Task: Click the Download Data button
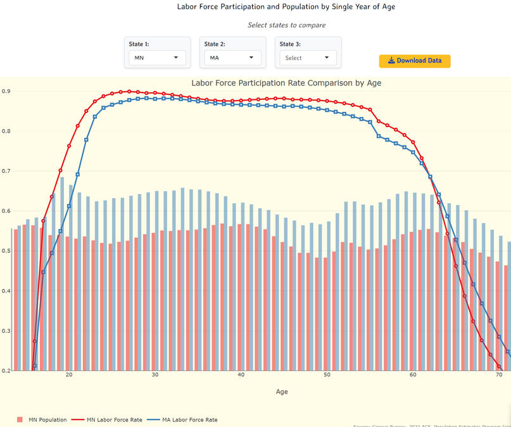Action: pos(415,61)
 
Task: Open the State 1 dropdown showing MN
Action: pos(157,58)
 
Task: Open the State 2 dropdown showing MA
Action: pos(232,58)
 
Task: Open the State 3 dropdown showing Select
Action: pos(308,58)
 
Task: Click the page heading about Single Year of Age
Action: pos(286,7)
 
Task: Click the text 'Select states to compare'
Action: pos(286,25)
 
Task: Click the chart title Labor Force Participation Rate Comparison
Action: pos(286,83)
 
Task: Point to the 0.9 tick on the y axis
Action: pos(5,91)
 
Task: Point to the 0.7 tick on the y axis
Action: pos(5,171)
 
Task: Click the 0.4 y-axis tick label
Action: pos(5,291)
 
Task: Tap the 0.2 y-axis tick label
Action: pos(5,371)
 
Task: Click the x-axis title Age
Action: pos(282,392)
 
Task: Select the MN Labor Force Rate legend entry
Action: pos(110,419)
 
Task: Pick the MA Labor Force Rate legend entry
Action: pos(184,419)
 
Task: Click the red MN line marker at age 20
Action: pos(69,146)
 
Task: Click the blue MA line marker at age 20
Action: pos(69,206)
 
